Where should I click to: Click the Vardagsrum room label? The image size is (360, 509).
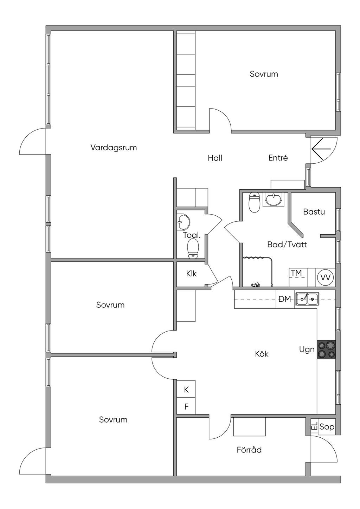pos(114,148)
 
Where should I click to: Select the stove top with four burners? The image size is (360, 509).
pos(326,350)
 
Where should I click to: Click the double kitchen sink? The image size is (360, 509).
pos(307,299)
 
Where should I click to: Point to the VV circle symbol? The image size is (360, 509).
pos(326,278)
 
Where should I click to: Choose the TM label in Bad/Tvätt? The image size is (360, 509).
pos(296,273)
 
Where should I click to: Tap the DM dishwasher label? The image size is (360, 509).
pos(285,299)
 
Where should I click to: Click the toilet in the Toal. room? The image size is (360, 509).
pos(193,249)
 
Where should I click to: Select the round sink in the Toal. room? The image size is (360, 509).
pos(184,221)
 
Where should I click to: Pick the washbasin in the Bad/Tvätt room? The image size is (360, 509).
pos(273,200)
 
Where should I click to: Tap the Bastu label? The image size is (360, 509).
pos(314,212)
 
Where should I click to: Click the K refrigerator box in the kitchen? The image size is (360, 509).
pos(186,390)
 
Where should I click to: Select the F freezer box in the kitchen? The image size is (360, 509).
pos(186,407)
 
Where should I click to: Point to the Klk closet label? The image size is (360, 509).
pos(192,274)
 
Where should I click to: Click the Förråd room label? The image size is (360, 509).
pos(249,450)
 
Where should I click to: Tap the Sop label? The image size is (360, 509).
pos(327,427)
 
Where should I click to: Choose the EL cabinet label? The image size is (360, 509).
pos(314,426)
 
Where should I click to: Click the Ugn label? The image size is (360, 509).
pos(307,350)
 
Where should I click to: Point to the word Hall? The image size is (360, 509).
pos(215,158)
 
